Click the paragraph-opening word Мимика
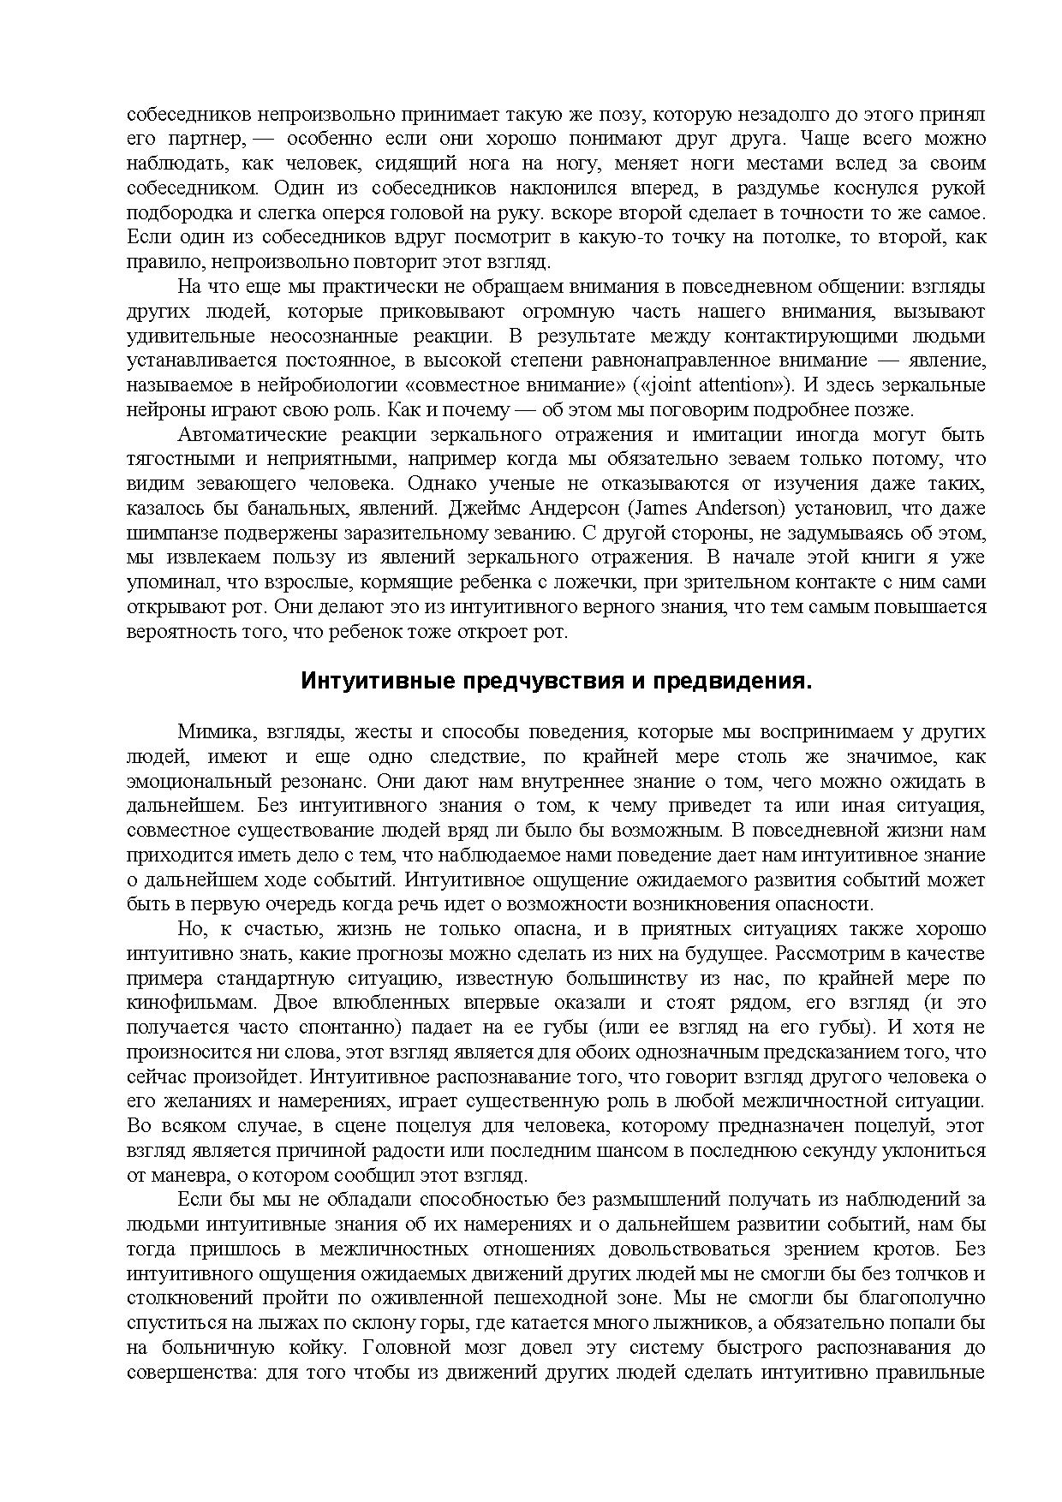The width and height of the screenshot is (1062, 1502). [x=214, y=732]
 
